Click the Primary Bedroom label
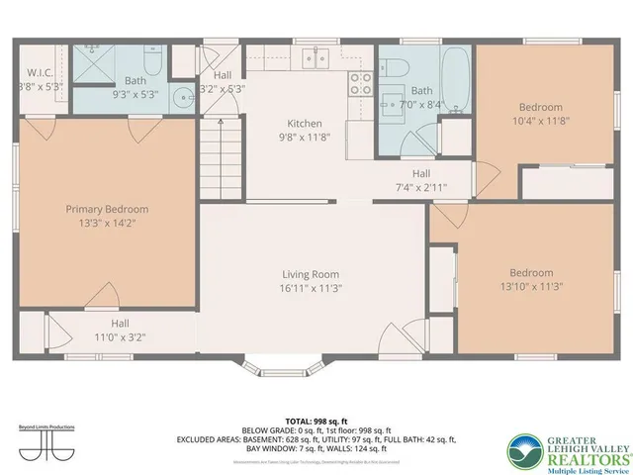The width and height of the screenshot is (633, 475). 107,209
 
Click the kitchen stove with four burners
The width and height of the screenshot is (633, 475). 360,84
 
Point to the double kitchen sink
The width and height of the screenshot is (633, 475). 317,58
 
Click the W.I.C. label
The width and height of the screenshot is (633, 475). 40,71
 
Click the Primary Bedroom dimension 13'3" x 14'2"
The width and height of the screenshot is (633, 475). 107,223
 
